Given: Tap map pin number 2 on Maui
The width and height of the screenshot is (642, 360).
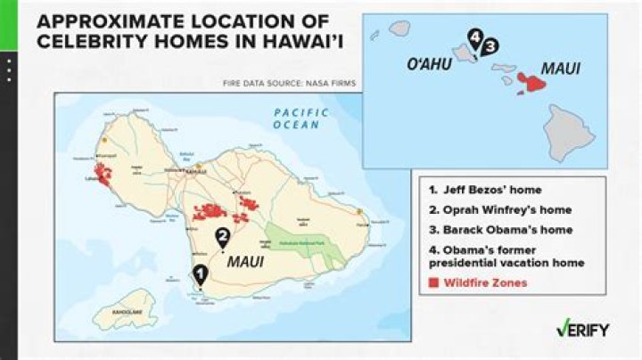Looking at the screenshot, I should [x=223, y=236].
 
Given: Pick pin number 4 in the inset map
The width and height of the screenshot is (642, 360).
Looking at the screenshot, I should [x=476, y=38].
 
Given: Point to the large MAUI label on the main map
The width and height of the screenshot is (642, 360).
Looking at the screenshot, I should [x=245, y=264].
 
